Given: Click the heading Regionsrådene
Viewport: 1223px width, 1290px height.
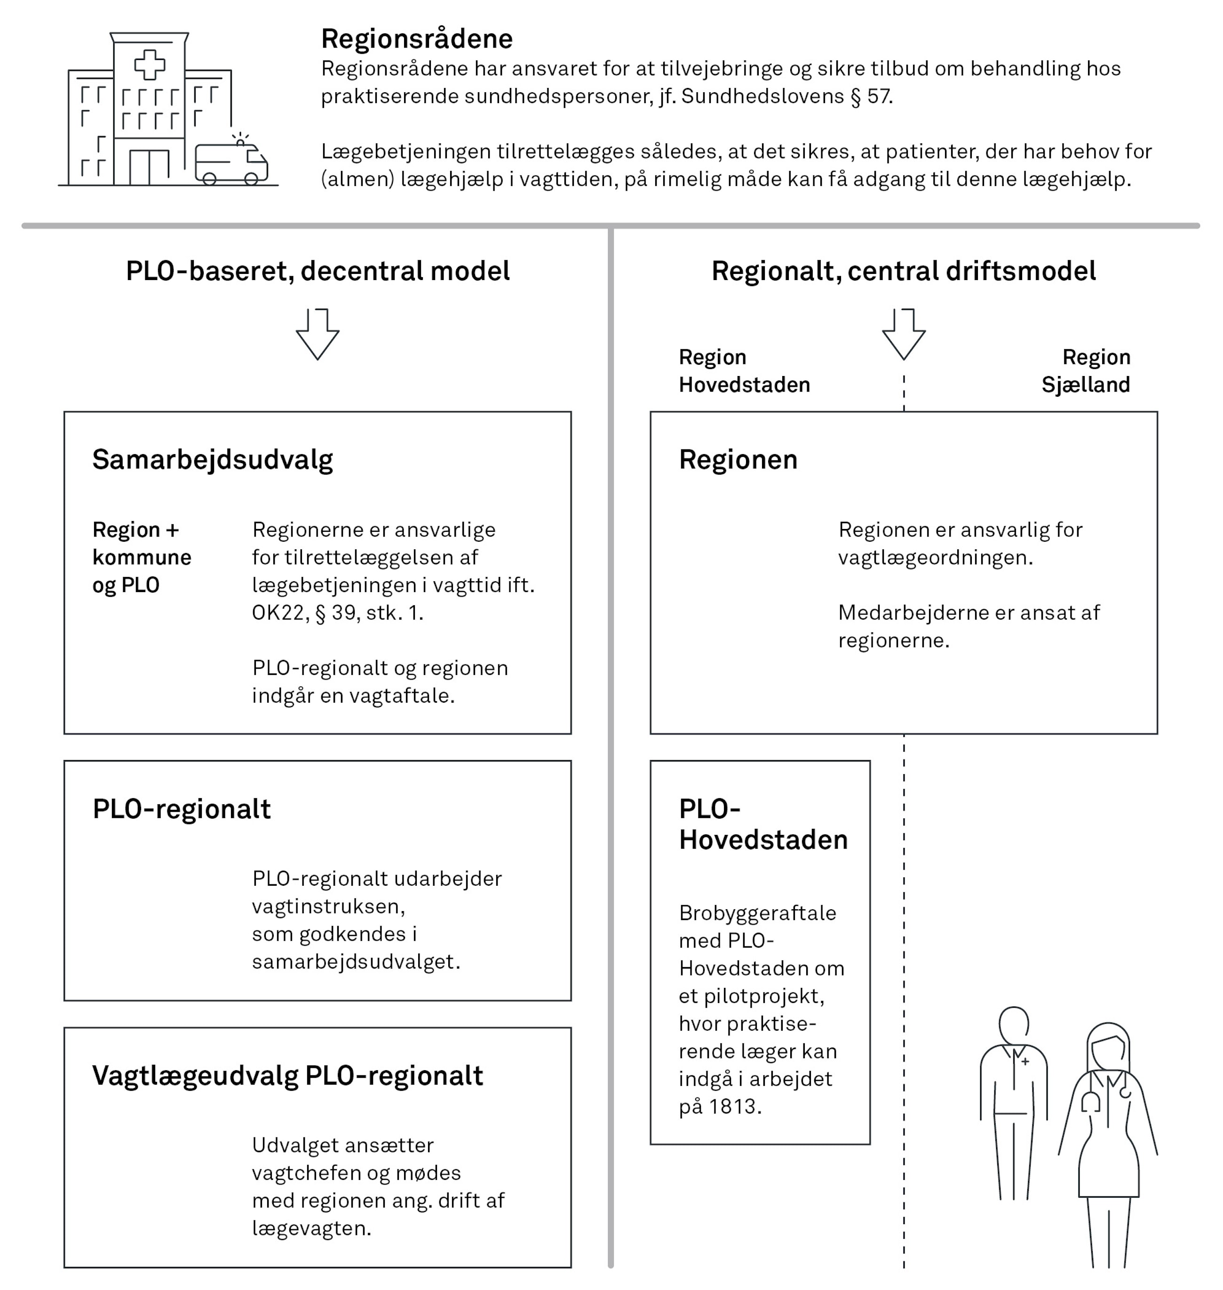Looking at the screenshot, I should pyautogui.click(x=417, y=39).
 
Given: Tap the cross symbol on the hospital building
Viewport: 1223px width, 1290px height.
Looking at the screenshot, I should pyautogui.click(x=149, y=64).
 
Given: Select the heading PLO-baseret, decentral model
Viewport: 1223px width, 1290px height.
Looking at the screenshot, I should pyautogui.click(x=318, y=271).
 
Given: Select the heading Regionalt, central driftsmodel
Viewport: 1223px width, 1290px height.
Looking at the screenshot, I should pyautogui.click(x=903, y=271).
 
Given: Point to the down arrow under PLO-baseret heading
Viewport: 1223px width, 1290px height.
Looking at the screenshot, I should pyautogui.click(x=318, y=334).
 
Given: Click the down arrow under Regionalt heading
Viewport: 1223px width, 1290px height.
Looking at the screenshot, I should pyautogui.click(x=904, y=334).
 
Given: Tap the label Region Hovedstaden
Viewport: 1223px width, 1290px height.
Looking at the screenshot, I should pyautogui.click(x=744, y=371).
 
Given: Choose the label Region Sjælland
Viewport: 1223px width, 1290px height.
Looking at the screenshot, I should pyautogui.click(x=1086, y=371).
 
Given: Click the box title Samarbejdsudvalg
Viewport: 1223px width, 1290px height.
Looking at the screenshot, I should pyautogui.click(x=213, y=460).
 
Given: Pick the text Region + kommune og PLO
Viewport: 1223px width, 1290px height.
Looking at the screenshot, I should pyautogui.click(x=142, y=557).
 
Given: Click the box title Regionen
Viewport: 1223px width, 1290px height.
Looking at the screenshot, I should pyautogui.click(x=738, y=460).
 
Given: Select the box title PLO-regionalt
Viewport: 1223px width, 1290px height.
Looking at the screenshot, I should pyautogui.click(x=181, y=809).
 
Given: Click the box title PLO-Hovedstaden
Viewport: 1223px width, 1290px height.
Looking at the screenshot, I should pyautogui.click(x=763, y=825).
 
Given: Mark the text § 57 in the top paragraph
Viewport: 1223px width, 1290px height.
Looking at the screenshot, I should pyautogui.click(x=871, y=96).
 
